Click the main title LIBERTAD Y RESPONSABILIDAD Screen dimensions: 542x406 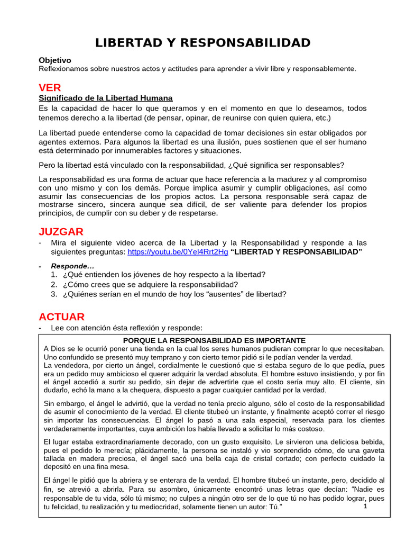(203, 43)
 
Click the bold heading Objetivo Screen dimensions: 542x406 (55, 60)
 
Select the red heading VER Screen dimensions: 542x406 (50, 87)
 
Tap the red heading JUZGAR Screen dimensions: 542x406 (61, 231)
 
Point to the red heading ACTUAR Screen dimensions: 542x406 (61, 317)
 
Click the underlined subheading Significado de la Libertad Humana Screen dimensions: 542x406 (106, 98)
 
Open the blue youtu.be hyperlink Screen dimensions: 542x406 (178, 252)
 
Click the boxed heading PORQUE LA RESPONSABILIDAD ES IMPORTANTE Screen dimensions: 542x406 (214, 340)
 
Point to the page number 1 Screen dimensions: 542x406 (366, 507)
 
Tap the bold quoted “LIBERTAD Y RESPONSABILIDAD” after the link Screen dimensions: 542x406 (297, 252)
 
